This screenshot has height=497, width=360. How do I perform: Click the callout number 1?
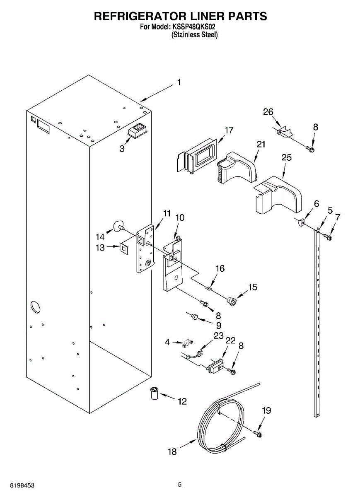click(x=179, y=82)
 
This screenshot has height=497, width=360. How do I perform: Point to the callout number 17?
click(x=229, y=130)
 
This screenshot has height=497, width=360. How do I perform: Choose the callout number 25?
click(x=286, y=157)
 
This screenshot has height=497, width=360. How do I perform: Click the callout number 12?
click(x=182, y=401)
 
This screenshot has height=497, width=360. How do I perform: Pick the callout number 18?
click(x=172, y=451)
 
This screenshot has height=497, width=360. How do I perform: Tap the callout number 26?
click(x=268, y=111)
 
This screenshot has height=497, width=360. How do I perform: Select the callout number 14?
click(x=100, y=237)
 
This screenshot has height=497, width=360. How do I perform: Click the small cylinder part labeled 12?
click(x=155, y=392)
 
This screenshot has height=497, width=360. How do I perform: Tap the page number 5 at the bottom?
click(x=179, y=484)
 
